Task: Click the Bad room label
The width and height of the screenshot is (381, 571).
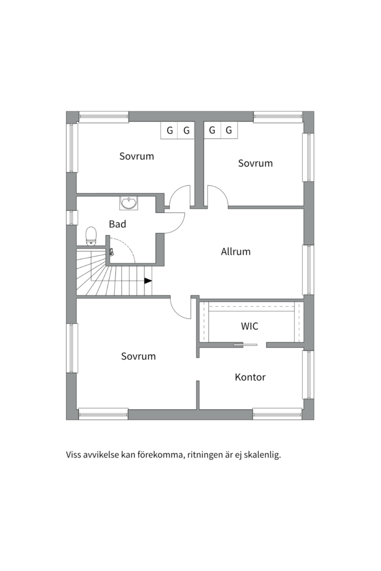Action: click(117, 224)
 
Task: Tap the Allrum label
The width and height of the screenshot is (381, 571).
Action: click(235, 252)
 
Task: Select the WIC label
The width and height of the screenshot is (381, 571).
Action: click(249, 326)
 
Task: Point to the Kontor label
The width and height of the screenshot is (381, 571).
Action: click(250, 377)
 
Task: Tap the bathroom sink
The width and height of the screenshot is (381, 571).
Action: click(129, 203)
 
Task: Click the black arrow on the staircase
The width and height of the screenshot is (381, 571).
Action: click(148, 281)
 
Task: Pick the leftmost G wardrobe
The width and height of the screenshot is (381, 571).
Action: click(169, 130)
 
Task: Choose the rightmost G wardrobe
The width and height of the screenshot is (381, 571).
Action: click(229, 130)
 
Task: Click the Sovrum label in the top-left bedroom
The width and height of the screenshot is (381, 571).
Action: click(137, 156)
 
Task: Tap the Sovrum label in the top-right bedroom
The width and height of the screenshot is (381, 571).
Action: click(255, 163)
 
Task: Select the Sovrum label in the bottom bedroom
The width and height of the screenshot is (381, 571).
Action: click(138, 356)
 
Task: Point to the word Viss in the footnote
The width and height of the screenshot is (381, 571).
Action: click(73, 455)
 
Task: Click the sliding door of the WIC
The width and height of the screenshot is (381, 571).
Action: click(245, 344)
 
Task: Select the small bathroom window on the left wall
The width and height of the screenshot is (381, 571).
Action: click(71, 217)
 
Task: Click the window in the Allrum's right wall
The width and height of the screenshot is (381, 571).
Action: click(309, 270)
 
